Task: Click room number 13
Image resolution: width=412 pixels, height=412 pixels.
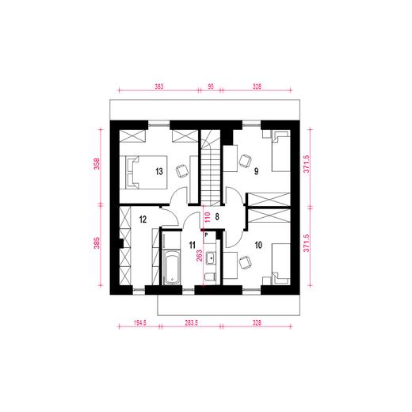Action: (159, 171)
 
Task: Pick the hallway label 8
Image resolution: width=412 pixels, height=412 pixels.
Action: (217, 215)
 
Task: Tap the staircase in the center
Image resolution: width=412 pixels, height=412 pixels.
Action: (211, 170)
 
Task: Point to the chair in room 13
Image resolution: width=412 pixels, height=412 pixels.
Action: (181, 170)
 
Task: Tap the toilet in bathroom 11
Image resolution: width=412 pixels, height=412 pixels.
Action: (211, 275)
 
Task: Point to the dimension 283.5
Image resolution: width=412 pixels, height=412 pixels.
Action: (191, 324)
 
